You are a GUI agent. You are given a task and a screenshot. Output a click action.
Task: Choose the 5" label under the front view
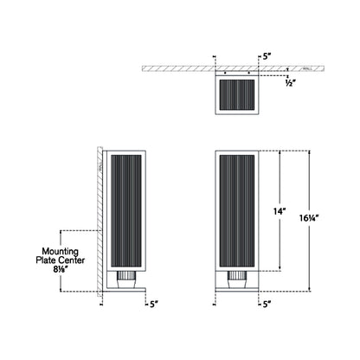[x=265, y=304]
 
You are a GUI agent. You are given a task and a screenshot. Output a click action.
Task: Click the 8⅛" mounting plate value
[x=60, y=269]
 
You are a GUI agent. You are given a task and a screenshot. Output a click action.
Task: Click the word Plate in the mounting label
[x=46, y=259]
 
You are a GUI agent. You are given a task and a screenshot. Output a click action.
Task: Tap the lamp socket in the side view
[x=124, y=280]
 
